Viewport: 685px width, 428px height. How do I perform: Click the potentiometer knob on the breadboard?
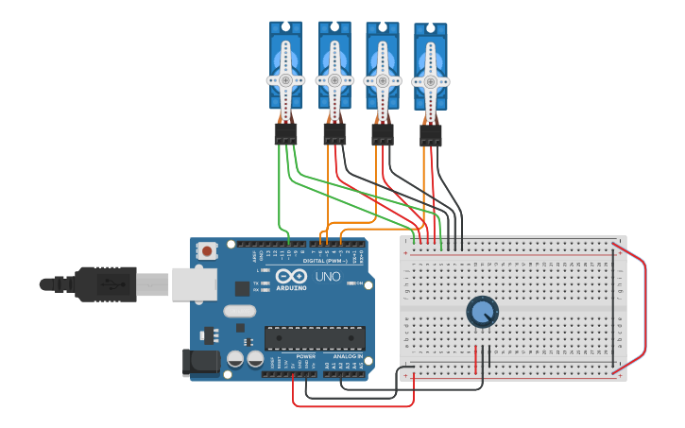pos(482,312)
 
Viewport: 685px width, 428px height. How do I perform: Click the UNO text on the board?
pos(327,277)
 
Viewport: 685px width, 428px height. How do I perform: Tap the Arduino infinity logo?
pos(292,277)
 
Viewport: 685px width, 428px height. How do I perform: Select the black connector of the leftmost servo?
pos(285,134)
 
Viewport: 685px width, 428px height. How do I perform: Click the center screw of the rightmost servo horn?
pos(430,82)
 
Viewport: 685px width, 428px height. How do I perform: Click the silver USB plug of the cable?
pos(152,282)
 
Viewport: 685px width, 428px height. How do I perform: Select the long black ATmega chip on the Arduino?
pos(315,337)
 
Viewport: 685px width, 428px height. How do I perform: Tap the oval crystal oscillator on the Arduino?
pos(240,311)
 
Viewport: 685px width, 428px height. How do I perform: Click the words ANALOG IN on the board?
pos(346,356)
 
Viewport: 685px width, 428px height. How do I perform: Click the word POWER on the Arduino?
pos(305,356)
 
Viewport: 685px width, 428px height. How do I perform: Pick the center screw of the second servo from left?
pos(334,80)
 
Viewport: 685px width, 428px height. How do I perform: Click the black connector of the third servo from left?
pos(382,135)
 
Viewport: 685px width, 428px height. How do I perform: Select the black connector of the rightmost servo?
pos(430,137)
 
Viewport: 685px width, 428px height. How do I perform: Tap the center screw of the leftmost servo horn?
pos(285,80)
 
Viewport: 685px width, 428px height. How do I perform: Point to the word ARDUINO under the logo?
pos(292,287)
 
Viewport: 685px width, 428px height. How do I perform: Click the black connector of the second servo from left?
pos(334,134)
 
